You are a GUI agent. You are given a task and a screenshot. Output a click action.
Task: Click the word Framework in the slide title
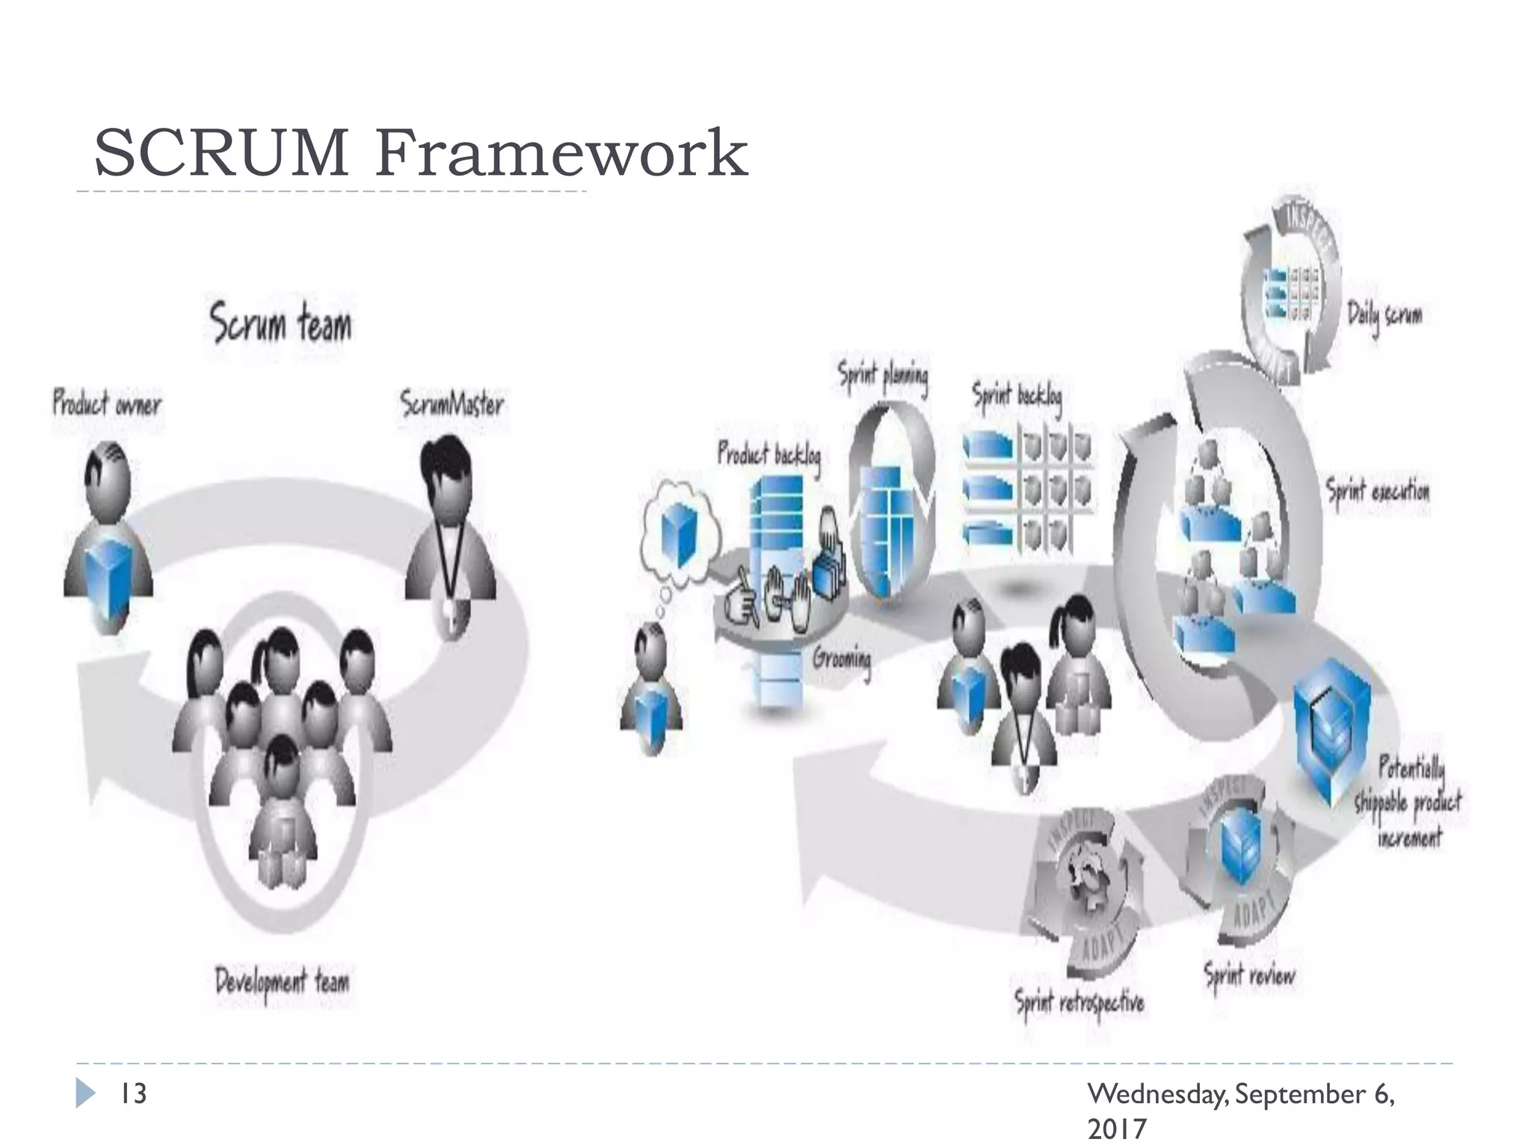pyautogui.click(x=561, y=153)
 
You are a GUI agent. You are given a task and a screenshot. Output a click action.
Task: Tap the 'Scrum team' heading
pyautogui.click(x=280, y=323)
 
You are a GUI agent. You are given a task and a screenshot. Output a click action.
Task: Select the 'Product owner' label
pyautogui.click(x=107, y=404)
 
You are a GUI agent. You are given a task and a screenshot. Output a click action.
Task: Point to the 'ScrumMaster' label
pyautogui.click(x=452, y=404)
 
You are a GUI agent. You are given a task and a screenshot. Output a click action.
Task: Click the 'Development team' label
pyautogui.click(x=282, y=983)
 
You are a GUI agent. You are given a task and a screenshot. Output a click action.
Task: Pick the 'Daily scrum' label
pyautogui.click(x=1384, y=315)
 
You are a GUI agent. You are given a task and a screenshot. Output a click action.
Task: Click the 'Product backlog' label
pyautogui.click(x=769, y=455)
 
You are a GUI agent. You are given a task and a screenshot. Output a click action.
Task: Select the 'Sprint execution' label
pyautogui.click(x=1378, y=491)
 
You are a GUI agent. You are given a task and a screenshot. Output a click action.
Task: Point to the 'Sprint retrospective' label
pyautogui.click(x=1079, y=1003)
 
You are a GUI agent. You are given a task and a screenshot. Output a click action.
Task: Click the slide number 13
pyautogui.click(x=134, y=1093)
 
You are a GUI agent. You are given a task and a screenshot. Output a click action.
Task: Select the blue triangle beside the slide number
pyautogui.click(x=85, y=1093)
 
